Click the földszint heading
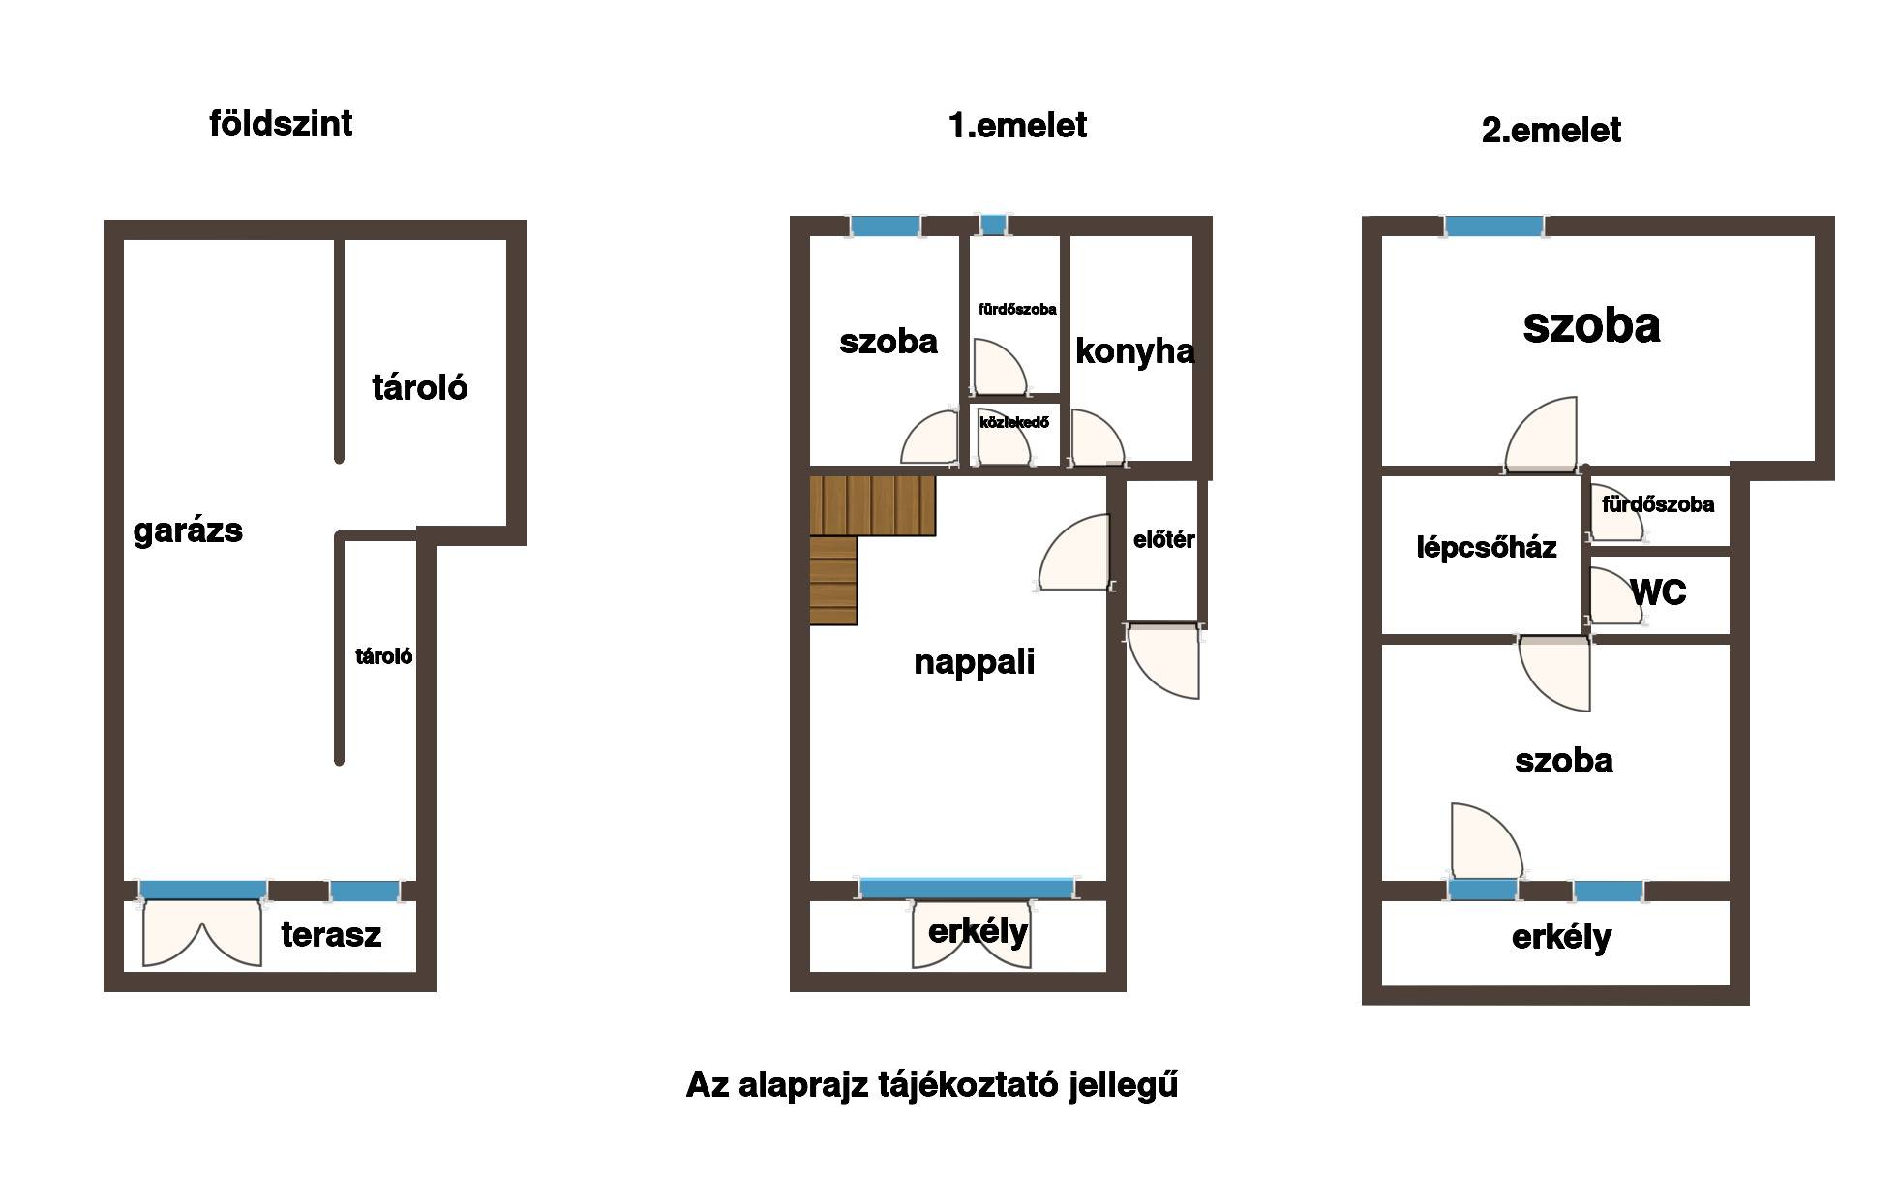(281, 124)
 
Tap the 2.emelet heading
(1551, 131)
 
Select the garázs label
(188, 530)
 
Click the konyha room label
(1134, 351)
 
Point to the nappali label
(974, 662)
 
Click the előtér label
(1163, 540)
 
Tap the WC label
(1658, 592)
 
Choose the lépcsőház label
(1487, 548)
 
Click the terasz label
(331, 935)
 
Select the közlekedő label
(1014, 423)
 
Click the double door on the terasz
(201, 933)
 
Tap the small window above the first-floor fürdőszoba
(993, 226)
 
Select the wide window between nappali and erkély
(967, 888)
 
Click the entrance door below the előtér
(1164, 662)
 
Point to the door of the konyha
(1097, 438)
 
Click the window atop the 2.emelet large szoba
(1493, 227)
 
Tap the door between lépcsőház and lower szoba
(1554, 674)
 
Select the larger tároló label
(420, 388)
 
